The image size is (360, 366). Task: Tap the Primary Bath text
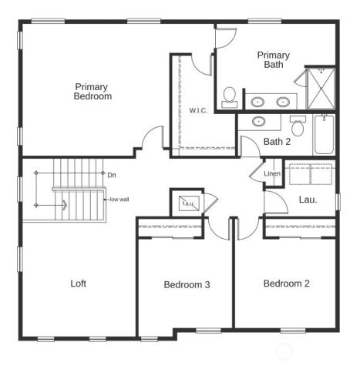point(274,59)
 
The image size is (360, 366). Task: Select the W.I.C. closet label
point(198,110)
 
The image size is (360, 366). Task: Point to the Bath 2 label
point(277,142)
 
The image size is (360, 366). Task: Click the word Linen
point(272,173)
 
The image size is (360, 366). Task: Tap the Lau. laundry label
point(308,200)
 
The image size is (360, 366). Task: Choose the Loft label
point(78,284)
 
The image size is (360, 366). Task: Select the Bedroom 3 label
point(187,285)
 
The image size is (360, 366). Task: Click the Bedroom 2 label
point(286,284)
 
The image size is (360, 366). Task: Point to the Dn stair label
point(112,175)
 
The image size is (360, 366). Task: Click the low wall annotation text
point(119,200)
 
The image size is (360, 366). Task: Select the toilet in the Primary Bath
point(229,97)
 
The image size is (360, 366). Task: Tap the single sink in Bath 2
point(258,122)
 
